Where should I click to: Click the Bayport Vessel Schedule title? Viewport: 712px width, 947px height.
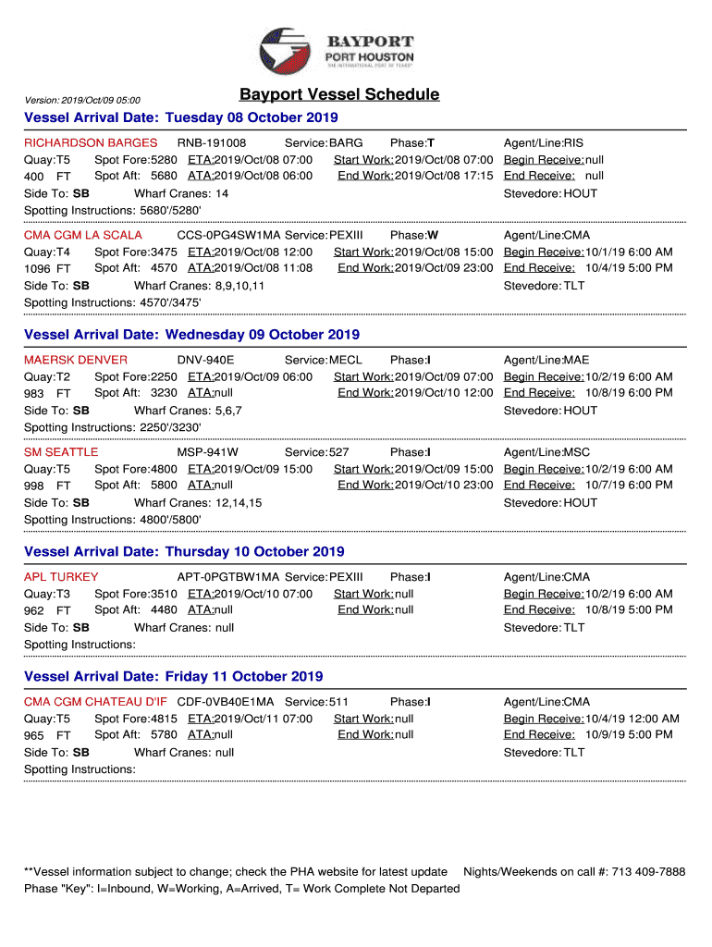(339, 95)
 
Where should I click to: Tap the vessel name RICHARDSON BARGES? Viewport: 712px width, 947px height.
(91, 143)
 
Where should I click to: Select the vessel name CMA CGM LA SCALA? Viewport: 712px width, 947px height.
(83, 235)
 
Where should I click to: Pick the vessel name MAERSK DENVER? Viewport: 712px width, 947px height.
(76, 360)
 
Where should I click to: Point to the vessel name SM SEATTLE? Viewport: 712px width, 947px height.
(61, 452)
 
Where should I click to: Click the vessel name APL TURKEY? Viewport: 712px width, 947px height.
(61, 577)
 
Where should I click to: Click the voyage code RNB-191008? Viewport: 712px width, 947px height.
(212, 143)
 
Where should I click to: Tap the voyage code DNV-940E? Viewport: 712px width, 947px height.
(205, 360)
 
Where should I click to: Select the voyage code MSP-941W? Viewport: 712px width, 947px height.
(208, 452)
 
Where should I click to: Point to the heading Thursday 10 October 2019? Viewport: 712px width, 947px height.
(184, 552)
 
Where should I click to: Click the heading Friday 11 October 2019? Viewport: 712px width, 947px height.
(174, 677)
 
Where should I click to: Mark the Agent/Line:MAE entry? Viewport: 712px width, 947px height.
(546, 360)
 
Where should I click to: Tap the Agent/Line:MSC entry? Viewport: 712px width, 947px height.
(546, 452)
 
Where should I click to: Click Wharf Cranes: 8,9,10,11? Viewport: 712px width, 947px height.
(199, 286)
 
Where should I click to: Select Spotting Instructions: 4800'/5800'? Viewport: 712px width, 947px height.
(112, 520)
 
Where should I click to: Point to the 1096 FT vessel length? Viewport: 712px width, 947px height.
(47, 269)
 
